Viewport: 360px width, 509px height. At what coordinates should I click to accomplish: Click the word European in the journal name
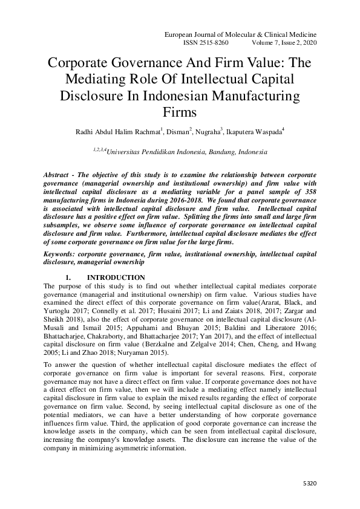(181, 36)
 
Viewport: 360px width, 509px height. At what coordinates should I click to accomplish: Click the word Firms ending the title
(180, 112)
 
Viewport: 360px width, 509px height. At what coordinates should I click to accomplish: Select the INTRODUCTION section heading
(117, 277)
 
